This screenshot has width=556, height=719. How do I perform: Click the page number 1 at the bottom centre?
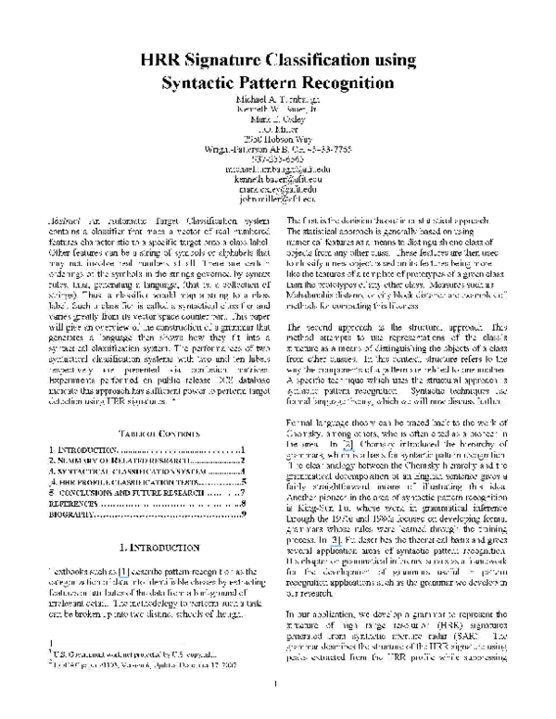(x=278, y=710)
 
